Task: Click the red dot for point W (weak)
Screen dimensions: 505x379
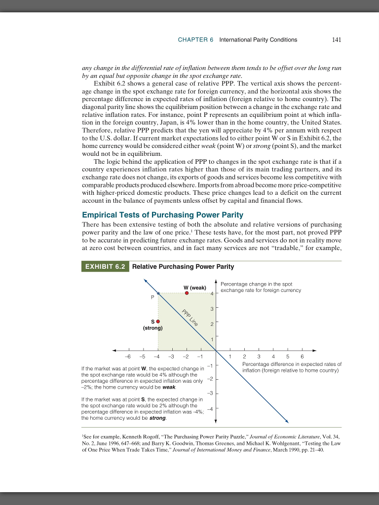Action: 187,293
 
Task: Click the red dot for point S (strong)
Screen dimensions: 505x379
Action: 158,321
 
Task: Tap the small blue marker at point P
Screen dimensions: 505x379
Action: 158,293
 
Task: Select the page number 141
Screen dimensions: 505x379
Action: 337,39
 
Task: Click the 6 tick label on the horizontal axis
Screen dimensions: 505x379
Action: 302,356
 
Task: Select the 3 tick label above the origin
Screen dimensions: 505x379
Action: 212,309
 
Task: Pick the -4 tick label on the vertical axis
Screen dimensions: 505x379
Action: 209,408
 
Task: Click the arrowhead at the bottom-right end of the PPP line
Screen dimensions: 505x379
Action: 286,421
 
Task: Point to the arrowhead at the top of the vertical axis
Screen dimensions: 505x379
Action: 216,282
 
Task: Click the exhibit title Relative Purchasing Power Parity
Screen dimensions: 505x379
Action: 183,267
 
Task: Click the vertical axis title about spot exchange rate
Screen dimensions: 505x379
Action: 260,287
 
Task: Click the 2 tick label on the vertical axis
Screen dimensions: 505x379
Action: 212,324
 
